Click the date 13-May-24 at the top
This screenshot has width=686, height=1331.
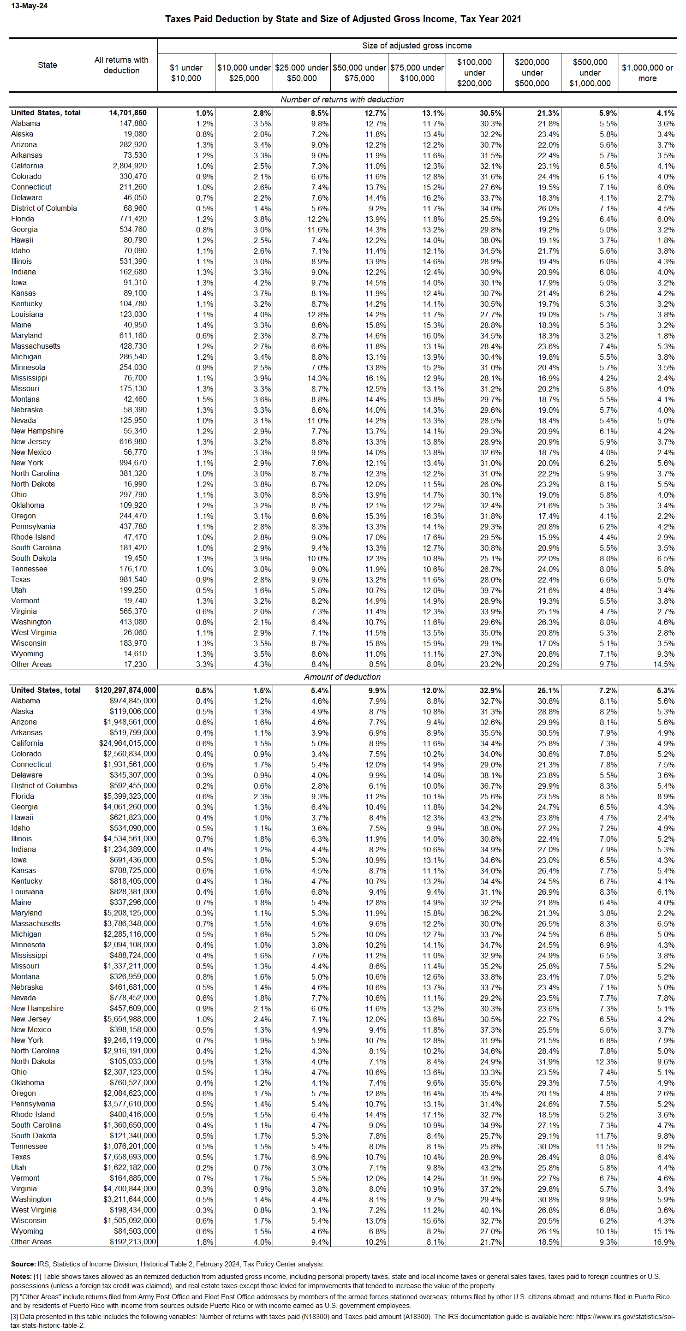tap(29, 6)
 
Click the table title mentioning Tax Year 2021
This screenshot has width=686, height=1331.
tap(343, 19)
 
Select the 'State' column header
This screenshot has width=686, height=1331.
tap(47, 65)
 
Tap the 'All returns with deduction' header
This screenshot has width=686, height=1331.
tap(121, 65)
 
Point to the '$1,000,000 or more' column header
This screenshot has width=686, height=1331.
tap(647, 73)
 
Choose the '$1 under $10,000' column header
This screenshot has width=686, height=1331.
tap(186, 73)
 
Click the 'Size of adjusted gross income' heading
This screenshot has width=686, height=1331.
tap(417, 46)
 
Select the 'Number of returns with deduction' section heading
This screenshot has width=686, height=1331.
tap(342, 99)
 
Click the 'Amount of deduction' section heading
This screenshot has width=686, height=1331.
tap(342, 677)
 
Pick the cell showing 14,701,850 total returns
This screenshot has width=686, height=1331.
tap(128, 113)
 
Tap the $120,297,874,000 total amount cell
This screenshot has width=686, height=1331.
tap(125, 690)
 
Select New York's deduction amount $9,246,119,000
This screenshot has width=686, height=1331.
tap(129, 1040)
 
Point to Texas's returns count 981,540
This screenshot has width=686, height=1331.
tap(133, 579)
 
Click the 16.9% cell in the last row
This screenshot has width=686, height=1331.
tap(664, 1242)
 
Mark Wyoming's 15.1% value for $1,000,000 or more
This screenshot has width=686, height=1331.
tap(664, 1231)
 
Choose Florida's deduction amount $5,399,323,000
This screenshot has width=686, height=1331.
tap(129, 796)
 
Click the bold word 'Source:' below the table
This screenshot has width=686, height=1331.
tap(23, 1264)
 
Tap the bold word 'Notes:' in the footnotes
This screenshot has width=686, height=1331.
tap(21, 1276)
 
